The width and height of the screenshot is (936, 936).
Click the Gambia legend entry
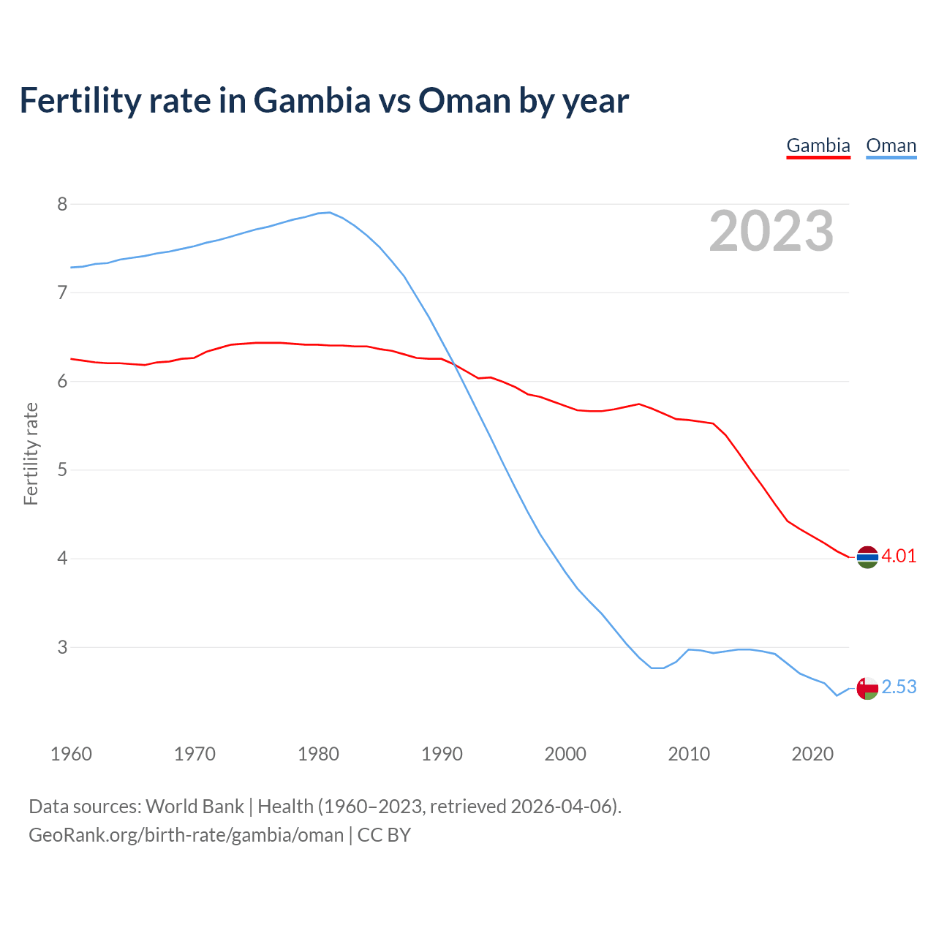tap(818, 146)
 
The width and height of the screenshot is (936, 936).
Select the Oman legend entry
tap(891, 146)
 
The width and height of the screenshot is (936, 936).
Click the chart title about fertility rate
tap(324, 100)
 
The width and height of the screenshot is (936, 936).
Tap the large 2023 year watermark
tap(771, 231)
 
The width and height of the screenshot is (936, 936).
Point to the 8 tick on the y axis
tap(62, 204)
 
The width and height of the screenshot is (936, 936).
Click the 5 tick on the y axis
tap(62, 469)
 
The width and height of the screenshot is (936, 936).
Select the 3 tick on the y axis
tap(62, 647)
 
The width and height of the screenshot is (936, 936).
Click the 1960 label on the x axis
tap(71, 754)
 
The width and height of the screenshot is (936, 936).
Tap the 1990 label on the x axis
tap(442, 754)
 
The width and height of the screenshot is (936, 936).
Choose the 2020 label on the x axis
tap(812, 754)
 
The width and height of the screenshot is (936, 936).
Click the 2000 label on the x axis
tap(565, 754)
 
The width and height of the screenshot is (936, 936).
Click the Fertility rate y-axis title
tap(31, 453)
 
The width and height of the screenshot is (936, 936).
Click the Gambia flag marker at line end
tap(867, 557)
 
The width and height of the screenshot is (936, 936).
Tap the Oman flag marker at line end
tap(867, 688)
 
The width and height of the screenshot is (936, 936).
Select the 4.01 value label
tap(899, 556)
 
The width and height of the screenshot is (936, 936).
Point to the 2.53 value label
tap(899, 687)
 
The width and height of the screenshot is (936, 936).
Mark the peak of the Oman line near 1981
tap(330, 212)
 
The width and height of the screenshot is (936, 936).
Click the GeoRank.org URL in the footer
tap(186, 834)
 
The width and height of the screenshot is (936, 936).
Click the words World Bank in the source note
tap(195, 806)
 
